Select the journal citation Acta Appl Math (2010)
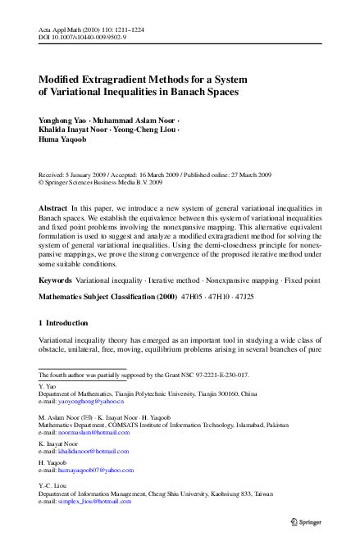click(70, 29)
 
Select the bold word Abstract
click(54, 210)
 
